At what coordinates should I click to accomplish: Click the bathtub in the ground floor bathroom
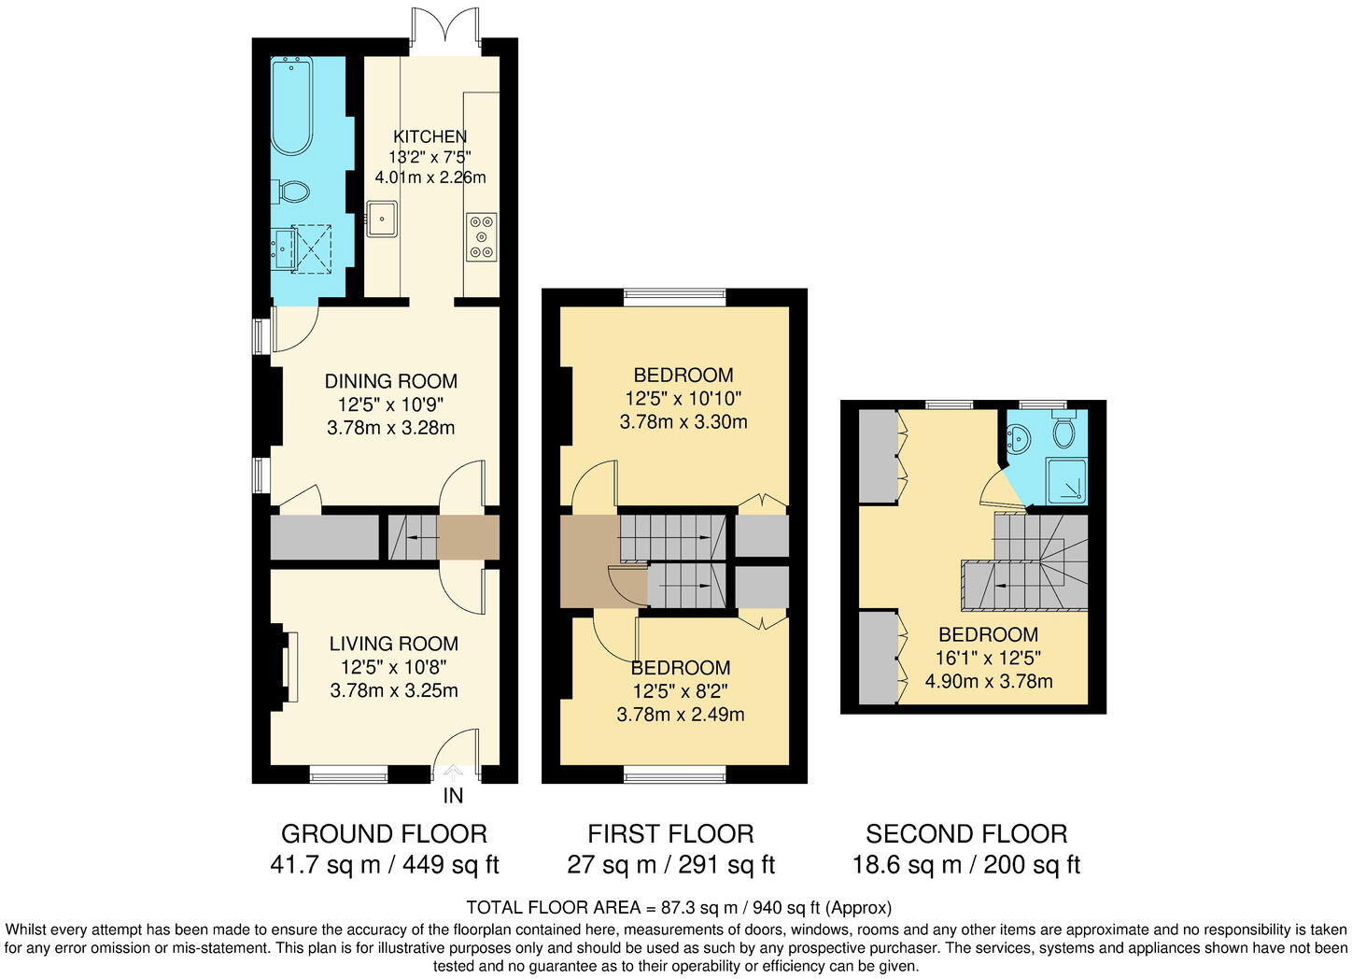tap(291, 105)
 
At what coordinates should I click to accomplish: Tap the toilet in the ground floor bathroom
tap(291, 192)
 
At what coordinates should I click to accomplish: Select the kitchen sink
tap(381, 219)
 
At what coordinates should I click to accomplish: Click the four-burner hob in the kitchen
tap(482, 236)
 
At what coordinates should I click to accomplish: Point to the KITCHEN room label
tap(430, 136)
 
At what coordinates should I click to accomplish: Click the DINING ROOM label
tap(390, 381)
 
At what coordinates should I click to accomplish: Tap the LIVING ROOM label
tap(393, 644)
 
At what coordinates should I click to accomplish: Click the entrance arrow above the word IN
tap(454, 773)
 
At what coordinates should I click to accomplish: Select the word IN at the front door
tap(453, 797)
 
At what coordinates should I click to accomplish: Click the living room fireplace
tap(284, 667)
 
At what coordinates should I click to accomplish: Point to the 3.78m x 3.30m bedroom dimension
tap(683, 422)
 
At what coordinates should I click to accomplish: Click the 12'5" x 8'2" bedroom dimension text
tap(680, 691)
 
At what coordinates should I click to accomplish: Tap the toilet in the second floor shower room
tap(1063, 432)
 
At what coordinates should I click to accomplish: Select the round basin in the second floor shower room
tap(1019, 435)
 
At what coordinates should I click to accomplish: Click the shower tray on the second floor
tap(1066, 482)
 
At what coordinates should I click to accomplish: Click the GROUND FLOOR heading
tap(384, 833)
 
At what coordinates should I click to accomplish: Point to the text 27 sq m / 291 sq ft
tap(670, 865)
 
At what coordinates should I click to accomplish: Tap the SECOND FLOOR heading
tap(965, 833)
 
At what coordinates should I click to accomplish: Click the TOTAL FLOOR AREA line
tap(679, 907)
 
